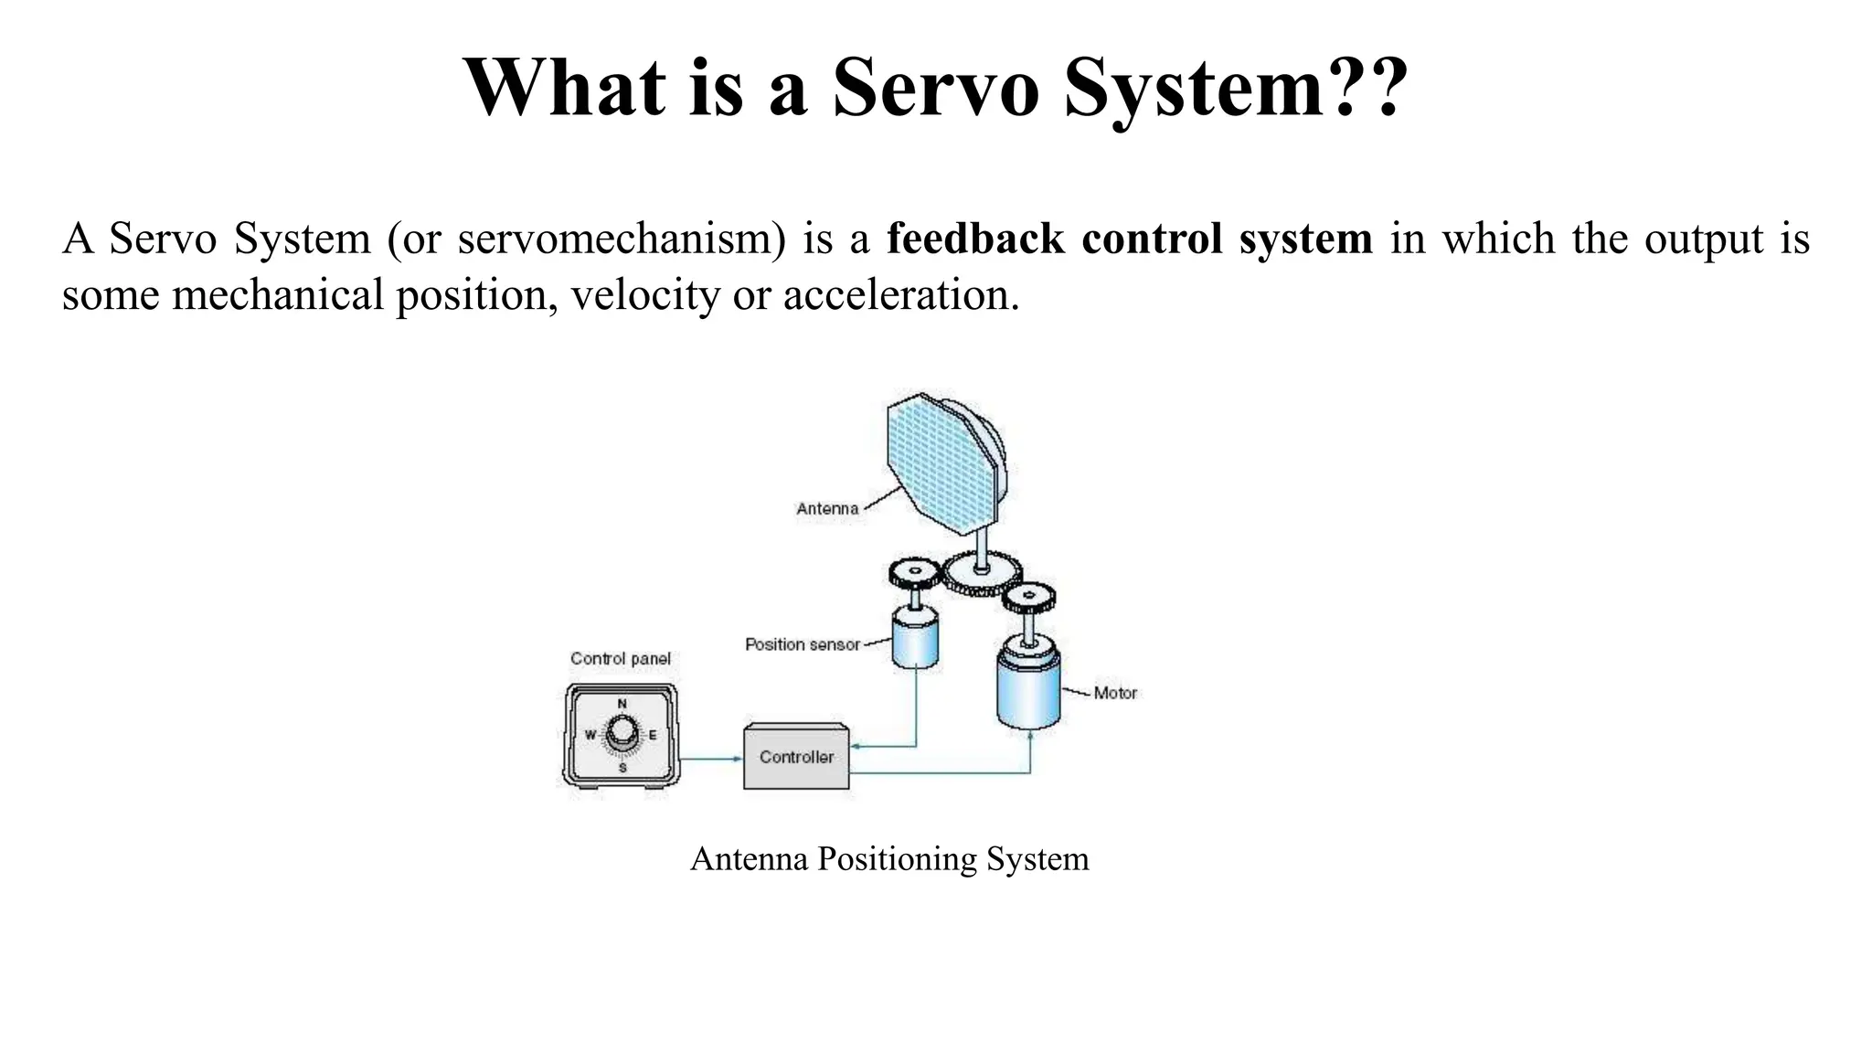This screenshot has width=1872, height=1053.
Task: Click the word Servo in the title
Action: (x=936, y=89)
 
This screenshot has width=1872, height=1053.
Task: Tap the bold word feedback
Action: (x=975, y=239)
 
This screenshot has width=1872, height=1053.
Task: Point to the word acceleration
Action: (x=900, y=295)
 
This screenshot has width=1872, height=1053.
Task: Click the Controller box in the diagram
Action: (x=796, y=757)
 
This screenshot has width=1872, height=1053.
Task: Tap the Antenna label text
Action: (x=827, y=509)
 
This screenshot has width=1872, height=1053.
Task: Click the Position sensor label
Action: (x=803, y=644)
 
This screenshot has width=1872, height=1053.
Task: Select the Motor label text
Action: (x=1115, y=693)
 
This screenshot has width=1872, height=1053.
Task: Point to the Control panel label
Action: (x=621, y=658)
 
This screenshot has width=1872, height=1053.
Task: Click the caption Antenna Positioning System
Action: (x=889, y=859)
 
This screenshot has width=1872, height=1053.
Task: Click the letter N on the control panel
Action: (x=622, y=704)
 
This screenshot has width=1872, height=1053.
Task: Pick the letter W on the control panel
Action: (x=590, y=735)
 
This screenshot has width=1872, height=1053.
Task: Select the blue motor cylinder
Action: (x=1028, y=690)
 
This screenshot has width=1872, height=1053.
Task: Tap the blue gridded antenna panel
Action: (x=941, y=462)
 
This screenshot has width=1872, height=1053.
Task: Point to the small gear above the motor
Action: (x=1028, y=599)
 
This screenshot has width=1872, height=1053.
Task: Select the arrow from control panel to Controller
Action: (x=711, y=759)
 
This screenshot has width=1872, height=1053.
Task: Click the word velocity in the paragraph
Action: (x=645, y=295)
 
